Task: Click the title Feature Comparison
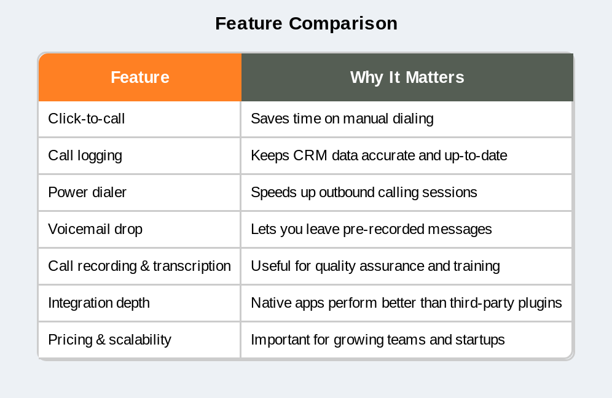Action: [306, 23]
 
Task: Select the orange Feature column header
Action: [139, 77]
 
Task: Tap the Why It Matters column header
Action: [407, 77]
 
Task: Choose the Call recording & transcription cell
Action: [139, 266]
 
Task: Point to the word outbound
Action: [340, 192]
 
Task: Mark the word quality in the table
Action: [337, 266]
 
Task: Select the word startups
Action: [480, 340]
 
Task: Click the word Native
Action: [269, 303]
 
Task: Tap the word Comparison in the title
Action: [343, 23]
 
